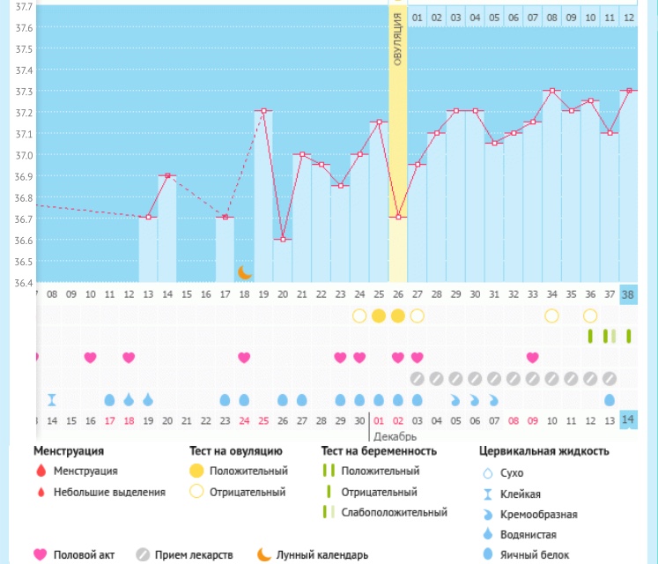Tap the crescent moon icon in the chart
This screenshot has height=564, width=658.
pos(244,272)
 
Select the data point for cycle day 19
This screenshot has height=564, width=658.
pos(263,111)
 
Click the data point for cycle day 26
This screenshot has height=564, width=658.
pos(398,217)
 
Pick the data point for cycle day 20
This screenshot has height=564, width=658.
pos(283,239)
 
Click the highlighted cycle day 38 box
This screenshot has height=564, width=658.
pos(628,294)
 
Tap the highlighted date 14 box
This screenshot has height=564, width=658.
pos(628,420)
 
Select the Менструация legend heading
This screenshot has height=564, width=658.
pos(75,451)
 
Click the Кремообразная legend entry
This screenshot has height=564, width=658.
pos(539,514)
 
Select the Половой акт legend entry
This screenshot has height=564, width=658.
pos(84,555)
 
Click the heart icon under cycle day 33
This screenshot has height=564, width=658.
pos(532,357)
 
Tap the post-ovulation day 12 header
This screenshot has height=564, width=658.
pos(628,17)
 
